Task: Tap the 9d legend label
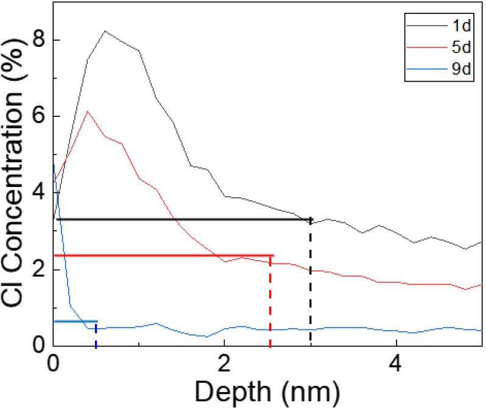(461, 68)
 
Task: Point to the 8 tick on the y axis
(38, 40)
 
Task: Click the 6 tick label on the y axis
(38, 116)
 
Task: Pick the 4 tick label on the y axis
(38, 193)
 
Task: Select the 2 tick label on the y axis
(38, 270)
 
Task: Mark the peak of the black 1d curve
(105, 31)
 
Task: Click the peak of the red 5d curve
(88, 111)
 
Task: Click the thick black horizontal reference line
(183, 219)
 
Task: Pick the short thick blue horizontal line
(76, 321)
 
